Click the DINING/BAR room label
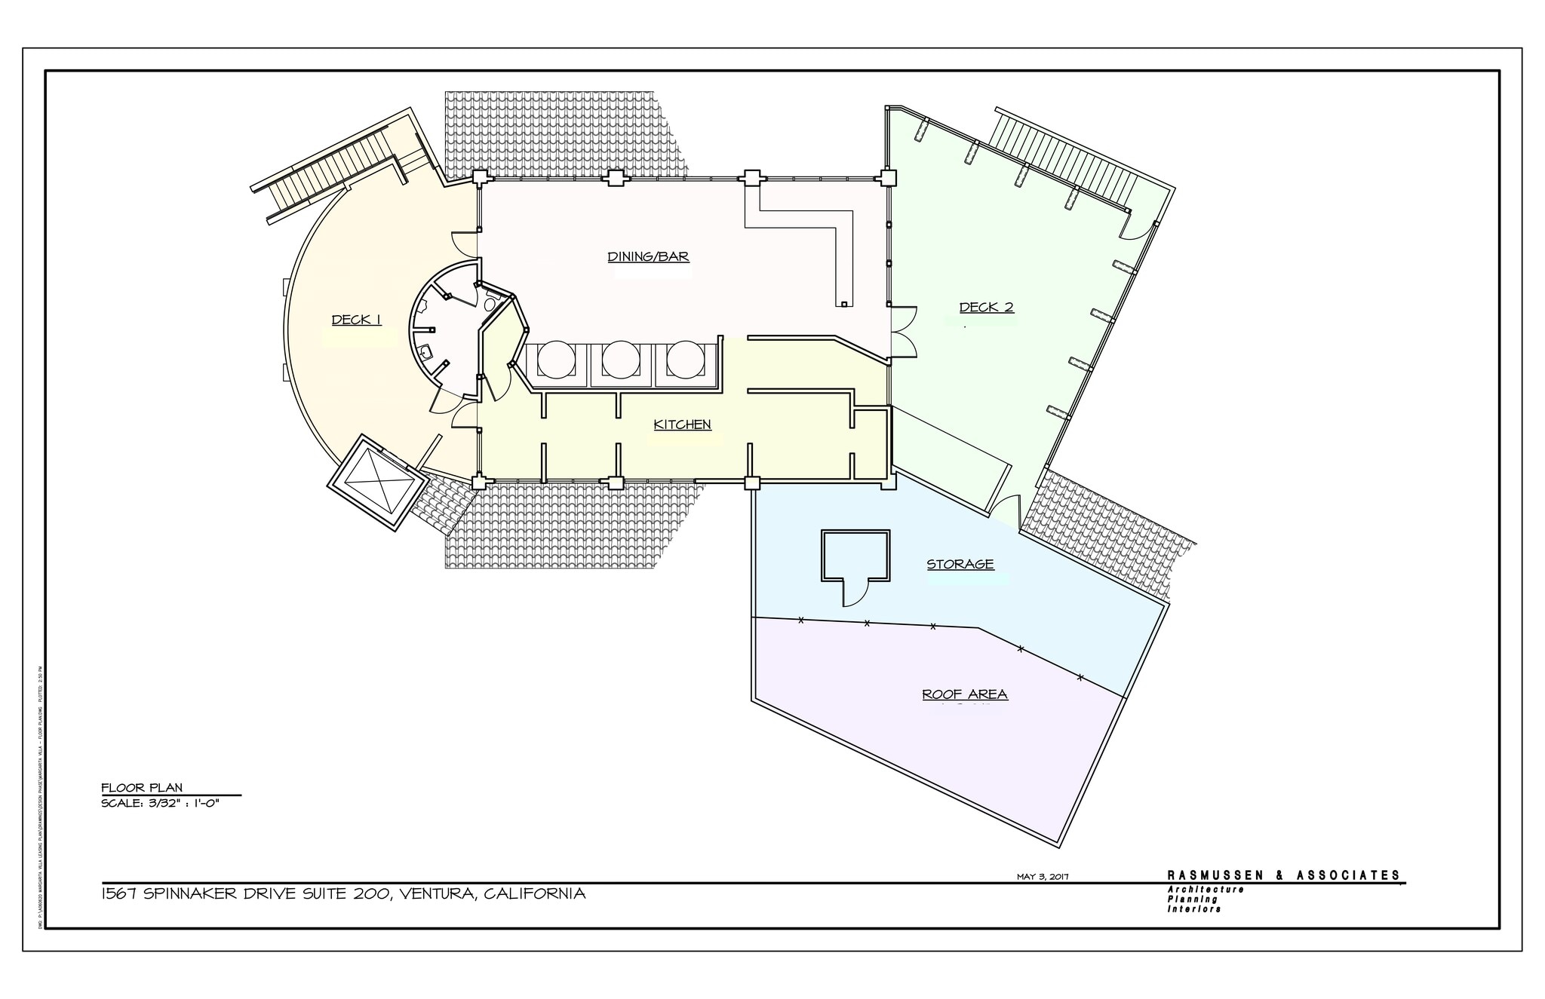(x=648, y=257)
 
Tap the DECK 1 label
(x=356, y=320)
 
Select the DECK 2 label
(x=986, y=307)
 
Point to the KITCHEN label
(x=682, y=424)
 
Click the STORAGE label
(x=960, y=564)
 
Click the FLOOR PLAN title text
(x=142, y=788)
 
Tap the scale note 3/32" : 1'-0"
(x=160, y=803)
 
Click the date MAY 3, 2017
(x=1043, y=876)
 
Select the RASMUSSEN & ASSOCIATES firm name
(x=1283, y=875)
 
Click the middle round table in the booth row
(x=621, y=360)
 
